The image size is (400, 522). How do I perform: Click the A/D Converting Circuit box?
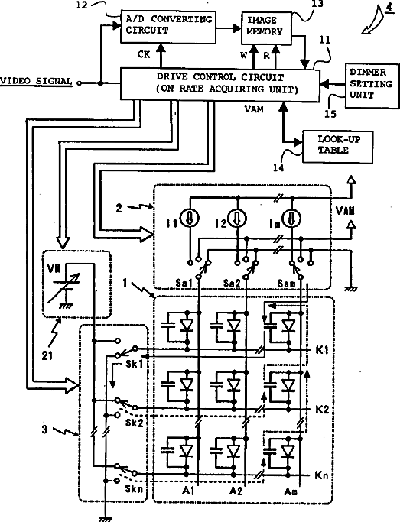tap(168, 26)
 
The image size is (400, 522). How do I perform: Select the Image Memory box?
tap(266, 28)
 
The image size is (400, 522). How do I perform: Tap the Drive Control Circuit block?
tap(220, 84)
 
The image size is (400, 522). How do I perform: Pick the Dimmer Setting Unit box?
tap(372, 86)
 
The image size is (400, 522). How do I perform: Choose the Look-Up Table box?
tap(337, 147)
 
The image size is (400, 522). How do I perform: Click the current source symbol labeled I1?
tap(190, 219)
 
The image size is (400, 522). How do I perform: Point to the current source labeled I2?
tap(237, 219)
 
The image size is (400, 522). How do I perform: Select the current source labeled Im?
tap(291, 219)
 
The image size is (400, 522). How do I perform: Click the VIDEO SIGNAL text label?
tap(36, 82)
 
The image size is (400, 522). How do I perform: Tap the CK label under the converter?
tap(144, 54)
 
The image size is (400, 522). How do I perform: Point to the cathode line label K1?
tap(321, 350)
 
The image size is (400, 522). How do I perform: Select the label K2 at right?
tap(322, 409)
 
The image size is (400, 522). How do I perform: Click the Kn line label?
tap(321, 475)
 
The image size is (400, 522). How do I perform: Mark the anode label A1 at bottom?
tap(188, 491)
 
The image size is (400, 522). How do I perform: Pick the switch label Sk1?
tap(134, 364)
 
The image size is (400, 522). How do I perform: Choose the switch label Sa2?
tap(232, 284)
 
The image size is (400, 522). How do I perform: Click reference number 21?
tap(47, 356)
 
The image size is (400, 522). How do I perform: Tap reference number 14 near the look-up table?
tap(278, 168)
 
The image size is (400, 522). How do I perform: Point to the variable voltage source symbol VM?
tap(63, 287)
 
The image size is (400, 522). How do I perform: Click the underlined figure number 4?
tap(389, 8)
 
